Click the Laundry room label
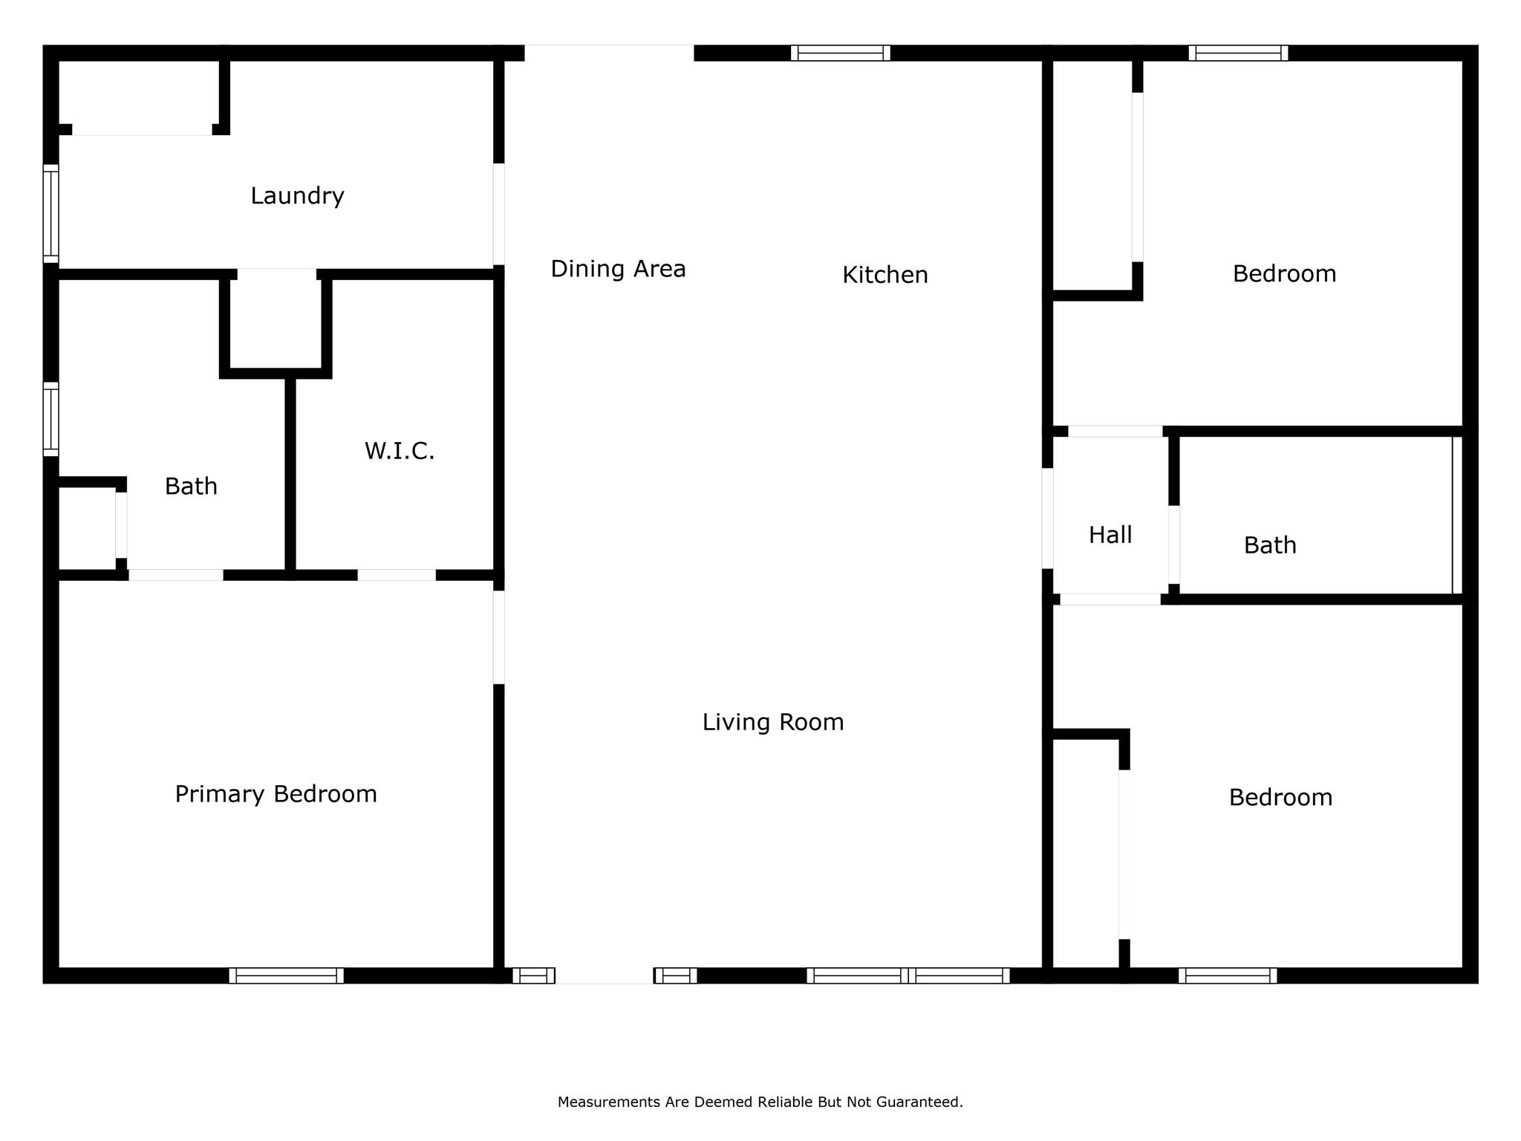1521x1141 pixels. tap(297, 196)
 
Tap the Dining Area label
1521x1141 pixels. tap(618, 269)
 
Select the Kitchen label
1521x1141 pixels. tap(885, 275)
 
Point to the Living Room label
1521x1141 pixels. tap(773, 722)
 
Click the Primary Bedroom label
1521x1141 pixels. tap(276, 794)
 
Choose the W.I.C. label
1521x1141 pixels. tap(399, 451)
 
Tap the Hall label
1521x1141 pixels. tap(1110, 535)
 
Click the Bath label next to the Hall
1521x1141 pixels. tap(1270, 545)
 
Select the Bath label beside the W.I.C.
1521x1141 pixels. tap(191, 487)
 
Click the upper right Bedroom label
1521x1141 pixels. tap(1284, 274)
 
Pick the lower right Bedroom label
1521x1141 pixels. tap(1280, 798)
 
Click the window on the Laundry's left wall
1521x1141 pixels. tap(51, 213)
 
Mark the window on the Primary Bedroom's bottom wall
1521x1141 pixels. tap(286, 975)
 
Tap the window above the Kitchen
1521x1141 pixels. tap(840, 53)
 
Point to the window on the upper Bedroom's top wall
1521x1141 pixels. tap(1238, 53)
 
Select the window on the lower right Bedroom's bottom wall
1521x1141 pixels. tap(1228, 975)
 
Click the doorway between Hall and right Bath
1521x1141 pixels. tap(1173, 545)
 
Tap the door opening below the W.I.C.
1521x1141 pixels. tap(397, 575)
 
